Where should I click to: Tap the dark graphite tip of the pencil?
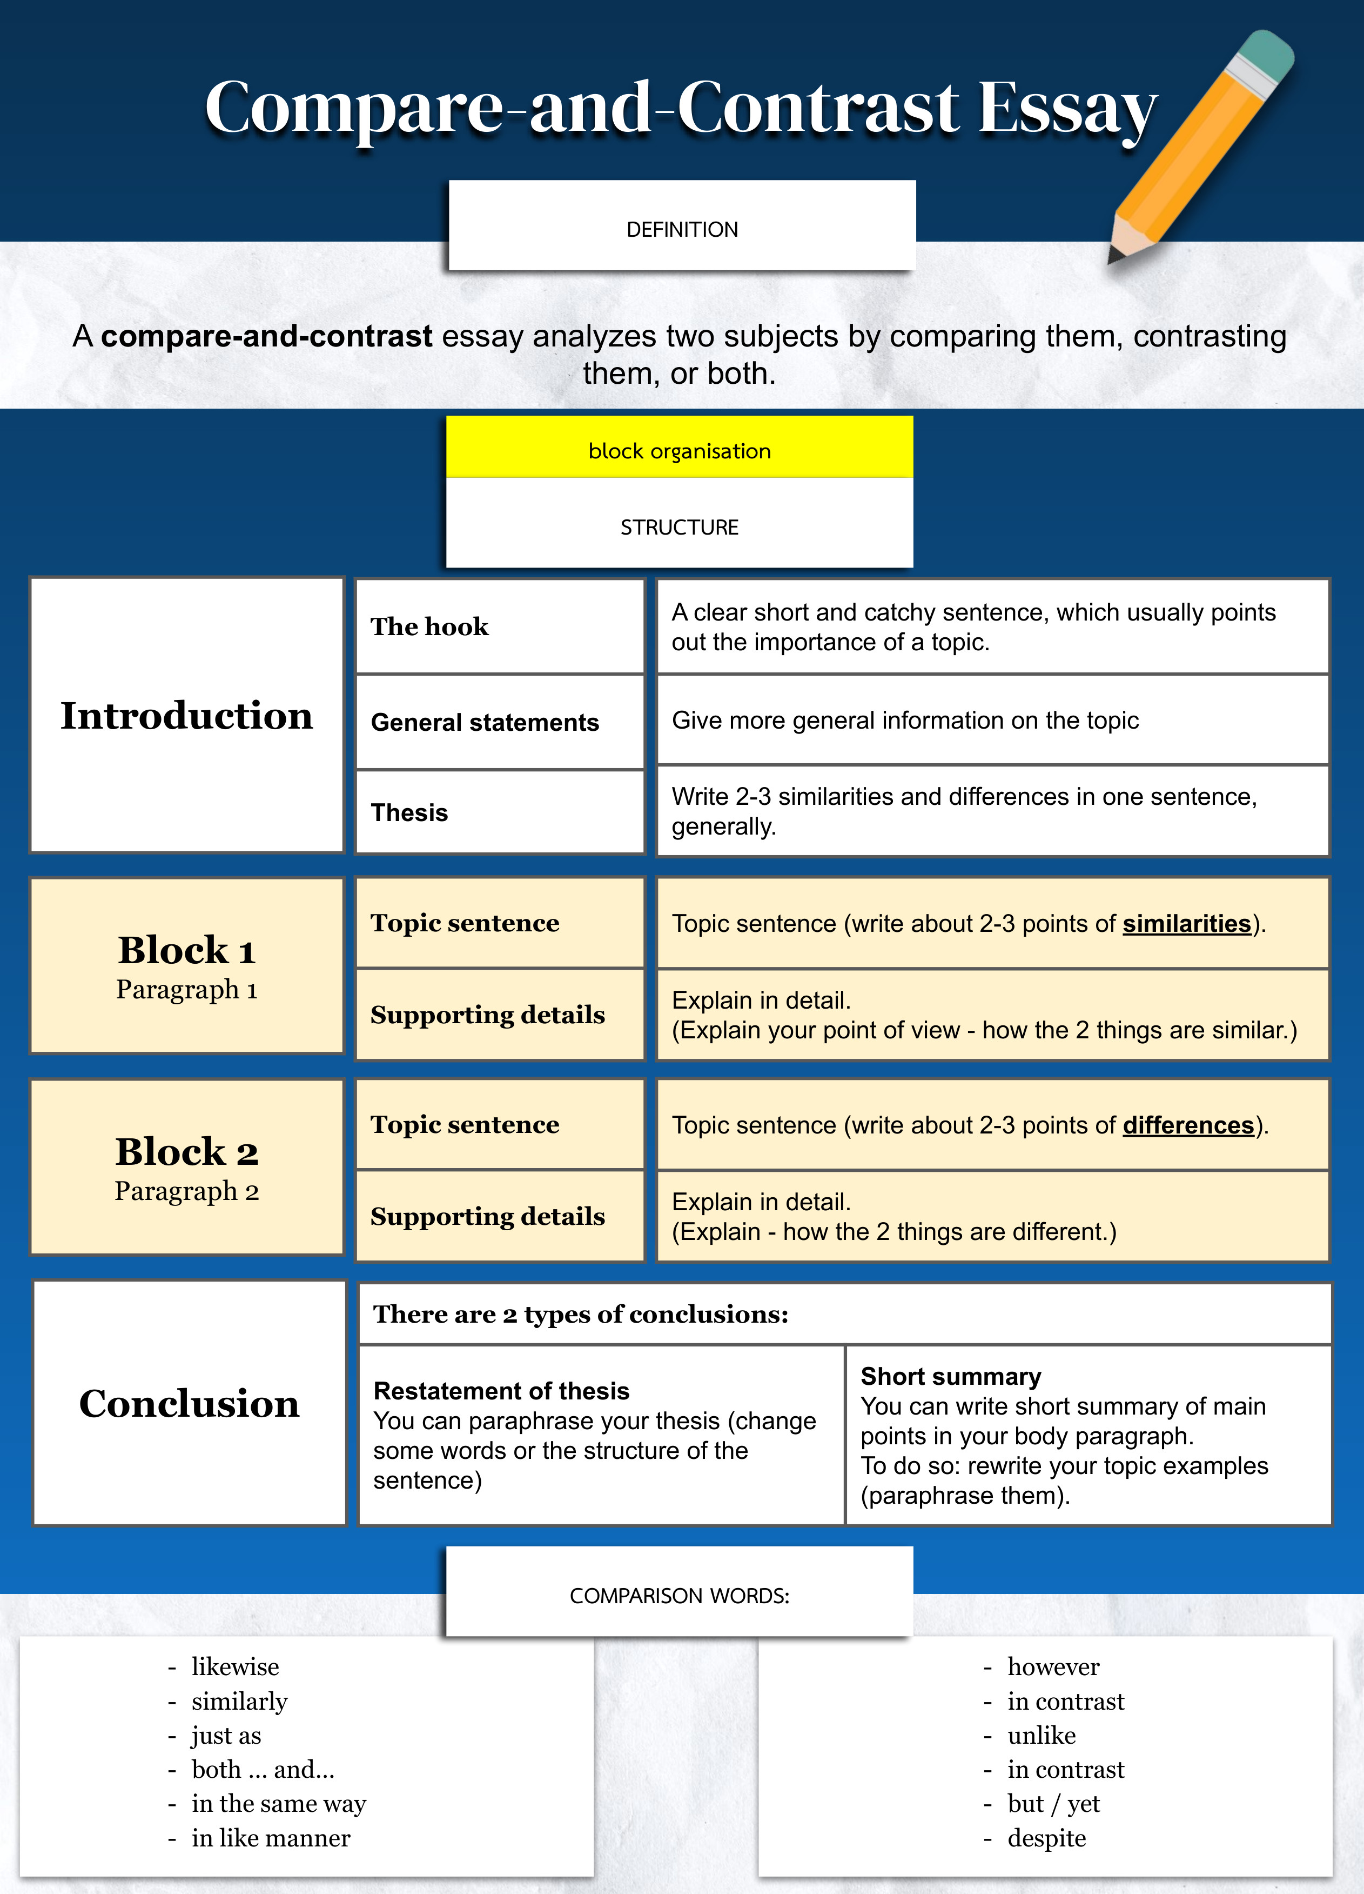coord(1113,256)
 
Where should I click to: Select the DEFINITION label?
coord(682,230)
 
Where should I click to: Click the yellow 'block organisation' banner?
coord(680,451)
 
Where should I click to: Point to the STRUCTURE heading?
coord(680,527)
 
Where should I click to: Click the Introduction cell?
coord(187,716)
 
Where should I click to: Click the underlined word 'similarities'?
coord(1186,924)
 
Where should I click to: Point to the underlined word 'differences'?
coord(1188,1126)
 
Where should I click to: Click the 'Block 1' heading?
coord(187,950)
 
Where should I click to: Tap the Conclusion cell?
coord(190,1404)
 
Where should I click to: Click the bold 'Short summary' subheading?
coord(951,1376)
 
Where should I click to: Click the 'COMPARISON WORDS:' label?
coord(680,1596)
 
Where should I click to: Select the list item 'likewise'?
coord(234,1667)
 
